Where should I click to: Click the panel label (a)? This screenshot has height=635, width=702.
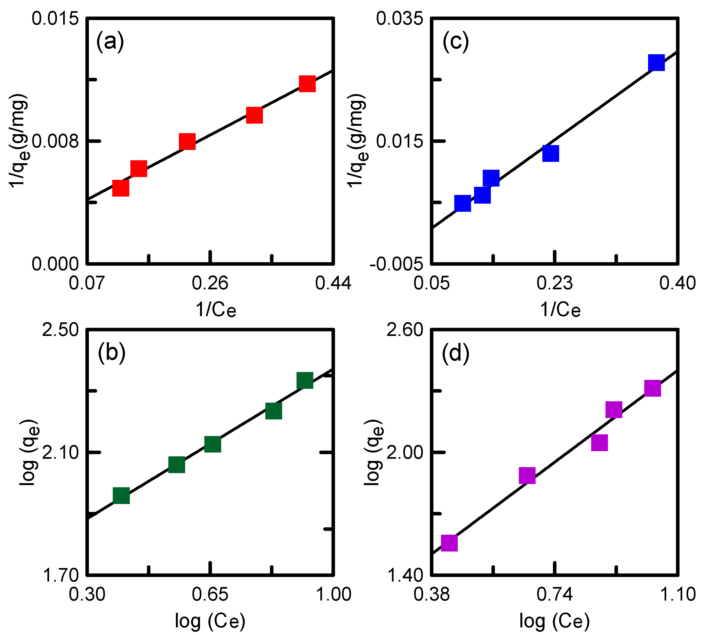click(x=110, y=42)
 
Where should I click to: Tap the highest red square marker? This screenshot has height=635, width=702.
click(x=307, y=84)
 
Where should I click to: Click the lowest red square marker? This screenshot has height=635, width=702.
click(x=121, y=188)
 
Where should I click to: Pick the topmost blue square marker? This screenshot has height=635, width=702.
click(x=656, y=63)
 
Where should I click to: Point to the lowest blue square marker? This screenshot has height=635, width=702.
click(x=463, y=203)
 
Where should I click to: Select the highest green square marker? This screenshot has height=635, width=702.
click(x=305, y=380)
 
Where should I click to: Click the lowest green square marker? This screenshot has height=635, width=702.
click(x=121, y=495)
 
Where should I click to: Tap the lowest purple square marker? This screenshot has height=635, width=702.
click(x=449, y=543)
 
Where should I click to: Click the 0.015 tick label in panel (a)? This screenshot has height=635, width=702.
click(x=55, y=18)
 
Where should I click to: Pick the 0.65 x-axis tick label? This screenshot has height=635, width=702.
click(x=210, y=594)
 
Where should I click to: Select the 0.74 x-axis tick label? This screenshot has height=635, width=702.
click(x=554, y=594)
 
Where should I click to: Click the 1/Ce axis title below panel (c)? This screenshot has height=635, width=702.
click(x=560, y=309)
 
